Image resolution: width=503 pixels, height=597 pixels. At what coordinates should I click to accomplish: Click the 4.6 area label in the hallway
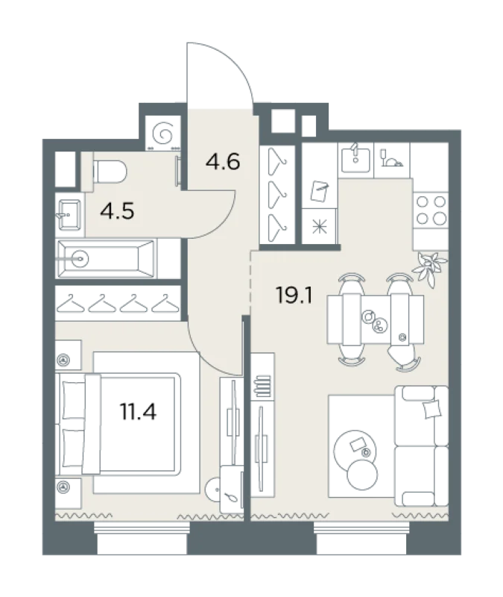pos(224,162)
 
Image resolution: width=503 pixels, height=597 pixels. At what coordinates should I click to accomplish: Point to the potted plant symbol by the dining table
pos(432,266)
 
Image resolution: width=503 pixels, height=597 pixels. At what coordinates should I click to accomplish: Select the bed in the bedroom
pos(140,422)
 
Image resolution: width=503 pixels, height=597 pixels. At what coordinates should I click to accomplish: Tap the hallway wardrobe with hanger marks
pos(281,198)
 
